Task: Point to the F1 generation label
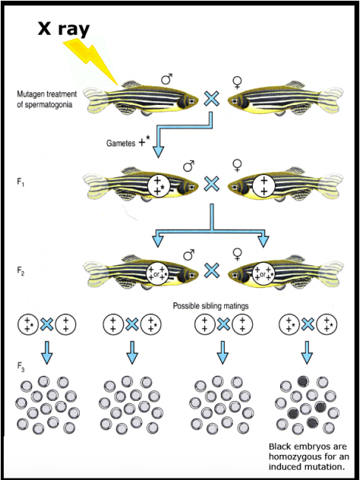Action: pyautogui.click(x=20, y=179)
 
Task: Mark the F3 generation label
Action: pyautogui.click(x=20, y=364)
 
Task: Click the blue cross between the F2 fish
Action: pyautogui.click(x=212, y=271)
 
